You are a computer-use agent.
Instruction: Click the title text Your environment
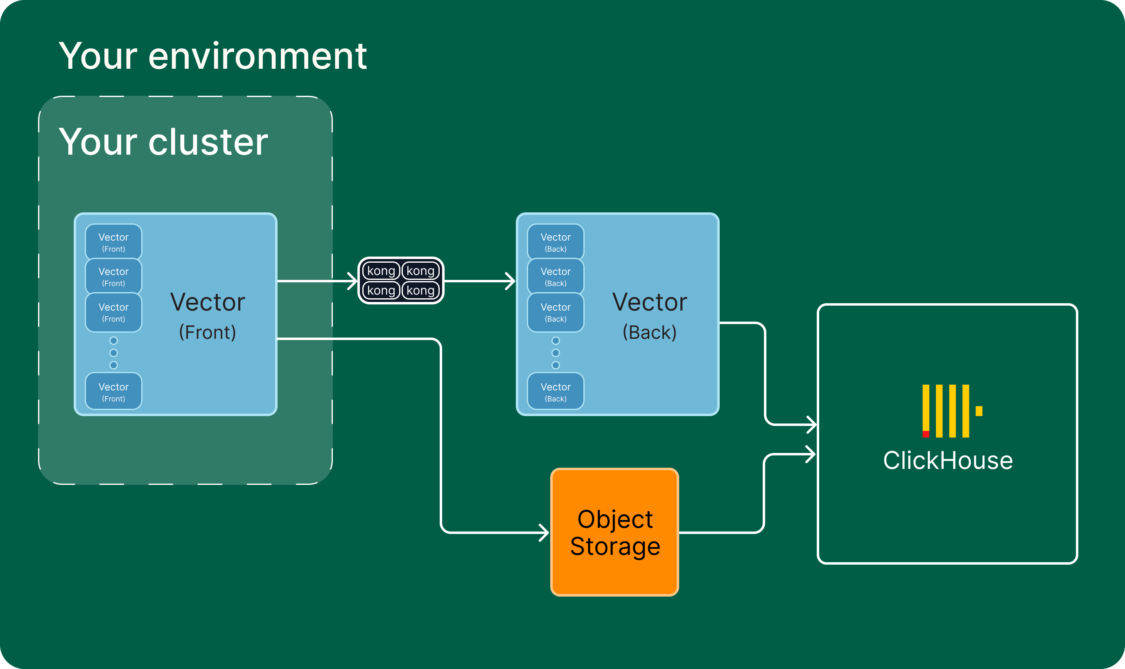(212, 56)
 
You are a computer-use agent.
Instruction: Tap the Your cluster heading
(163, 142)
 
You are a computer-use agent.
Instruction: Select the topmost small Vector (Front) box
(114, 242)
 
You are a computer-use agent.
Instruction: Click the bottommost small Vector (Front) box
(114, 391)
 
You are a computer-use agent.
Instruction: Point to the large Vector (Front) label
(208, 315)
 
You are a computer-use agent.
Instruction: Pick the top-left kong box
(381, 271)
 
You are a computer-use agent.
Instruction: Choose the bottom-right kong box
(420, 291)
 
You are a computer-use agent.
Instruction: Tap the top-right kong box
(420, 271)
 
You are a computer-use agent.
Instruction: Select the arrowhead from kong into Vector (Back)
(511, 281)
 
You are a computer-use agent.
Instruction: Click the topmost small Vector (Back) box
(556, 242)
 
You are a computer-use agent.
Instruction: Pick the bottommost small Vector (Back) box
(556, 391)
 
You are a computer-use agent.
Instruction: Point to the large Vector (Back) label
(649, 315)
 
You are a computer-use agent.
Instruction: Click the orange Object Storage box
(614, 532)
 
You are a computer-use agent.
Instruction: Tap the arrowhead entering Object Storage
(544, 532)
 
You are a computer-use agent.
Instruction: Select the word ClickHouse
(948, 461)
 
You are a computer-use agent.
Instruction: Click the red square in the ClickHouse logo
(926, 434)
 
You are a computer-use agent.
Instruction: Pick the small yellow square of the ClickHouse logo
(979, 411)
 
